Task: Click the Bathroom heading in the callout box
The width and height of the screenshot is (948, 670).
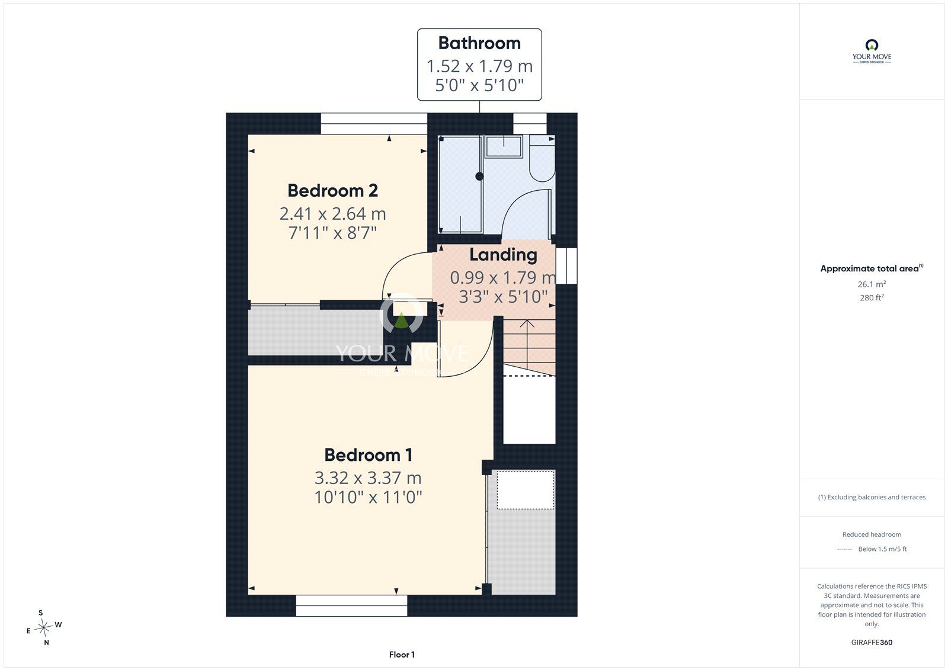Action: (479, 43)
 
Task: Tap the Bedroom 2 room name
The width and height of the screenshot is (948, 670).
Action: (332, 191)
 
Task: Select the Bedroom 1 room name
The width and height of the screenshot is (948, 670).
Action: (368, 455)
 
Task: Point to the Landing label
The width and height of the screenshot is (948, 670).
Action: (503, 255)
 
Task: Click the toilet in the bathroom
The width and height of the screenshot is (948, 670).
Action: (542, 158)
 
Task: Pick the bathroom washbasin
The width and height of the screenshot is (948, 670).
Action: (504, 146)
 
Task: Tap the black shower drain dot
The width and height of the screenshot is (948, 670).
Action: (479, 177)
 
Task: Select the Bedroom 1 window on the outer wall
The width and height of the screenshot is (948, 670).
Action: (351, 605)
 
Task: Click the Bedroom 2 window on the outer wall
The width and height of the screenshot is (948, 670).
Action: (374, 124)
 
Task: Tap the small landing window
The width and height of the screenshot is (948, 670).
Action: (566, 266)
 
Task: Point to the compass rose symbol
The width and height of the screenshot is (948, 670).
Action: (44, 627)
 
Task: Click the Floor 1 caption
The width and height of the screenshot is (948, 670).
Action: (402, 655)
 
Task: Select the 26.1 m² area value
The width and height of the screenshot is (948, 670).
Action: (872, 284)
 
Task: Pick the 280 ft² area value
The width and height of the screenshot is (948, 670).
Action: (872, 297)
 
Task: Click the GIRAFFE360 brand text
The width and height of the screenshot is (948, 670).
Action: (872, 642)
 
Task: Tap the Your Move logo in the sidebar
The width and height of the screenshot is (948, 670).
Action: (872, 52)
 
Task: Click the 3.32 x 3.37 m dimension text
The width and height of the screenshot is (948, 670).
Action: (368, 478)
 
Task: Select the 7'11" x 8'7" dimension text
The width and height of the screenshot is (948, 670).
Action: (332, 233)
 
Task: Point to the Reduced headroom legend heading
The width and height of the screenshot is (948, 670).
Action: (872, 534)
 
